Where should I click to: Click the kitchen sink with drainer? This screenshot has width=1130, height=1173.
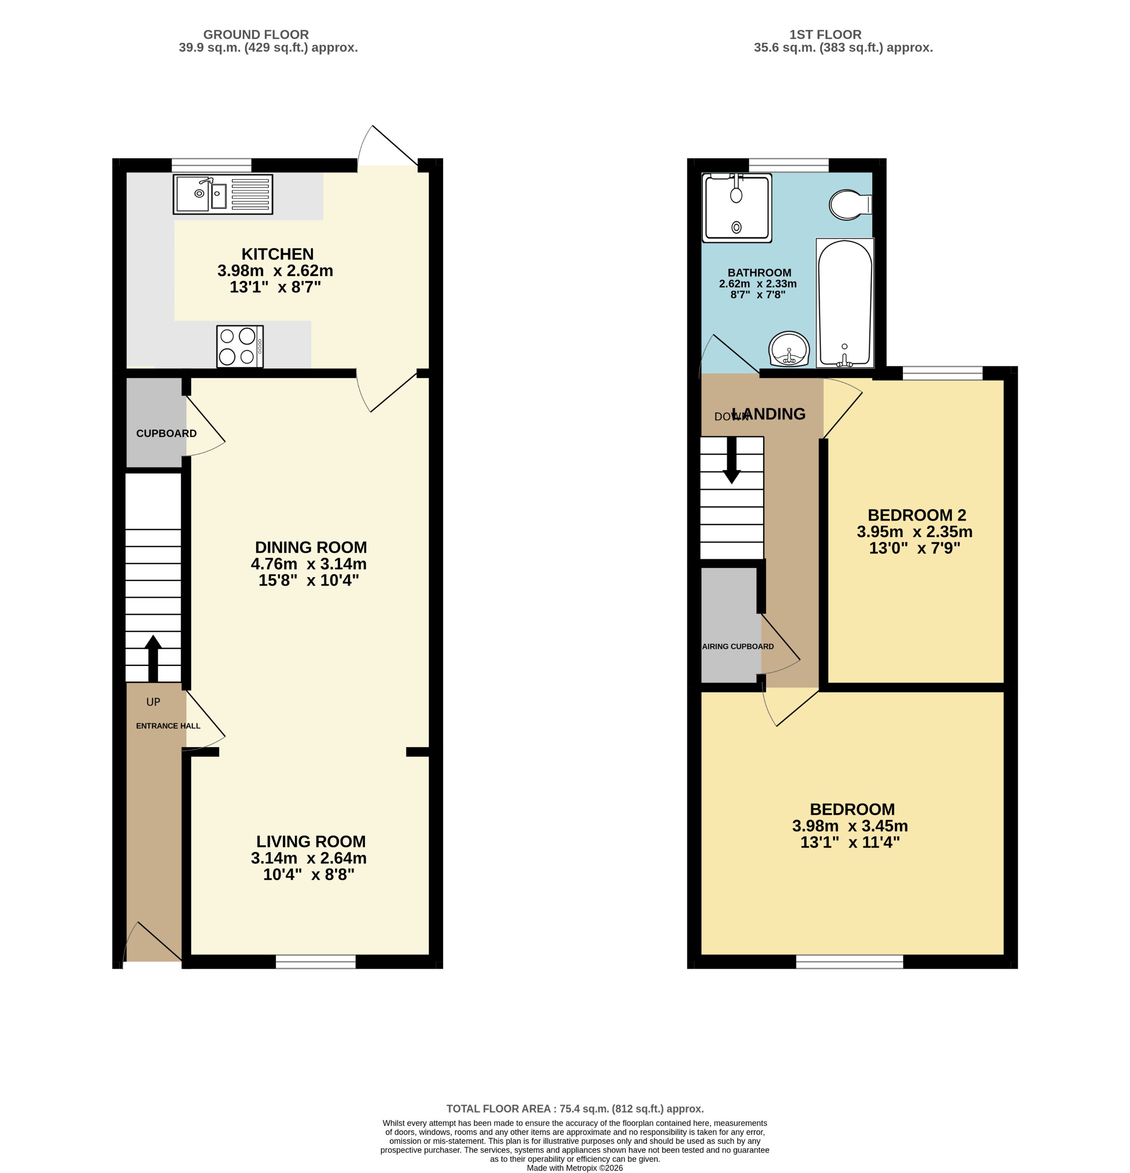(222, 194)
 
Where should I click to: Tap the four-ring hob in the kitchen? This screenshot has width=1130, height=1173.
(239, 346)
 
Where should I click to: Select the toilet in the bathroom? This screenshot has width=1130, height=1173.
(849, 205)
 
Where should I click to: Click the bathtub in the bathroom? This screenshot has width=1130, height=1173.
(845, 303)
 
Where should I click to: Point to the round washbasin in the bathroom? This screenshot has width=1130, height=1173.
(789, 349)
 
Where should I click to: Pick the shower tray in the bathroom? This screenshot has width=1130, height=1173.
(737, 207)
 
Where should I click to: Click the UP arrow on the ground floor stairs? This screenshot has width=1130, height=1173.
(153, 658)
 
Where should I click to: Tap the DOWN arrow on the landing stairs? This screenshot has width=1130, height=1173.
(732, 459)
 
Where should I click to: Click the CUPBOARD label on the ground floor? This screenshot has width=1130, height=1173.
(167, 433)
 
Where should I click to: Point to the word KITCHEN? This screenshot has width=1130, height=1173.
(277, 254)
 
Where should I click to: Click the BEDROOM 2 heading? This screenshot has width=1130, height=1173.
(916, 515)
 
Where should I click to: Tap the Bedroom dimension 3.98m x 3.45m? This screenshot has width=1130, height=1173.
(850, 826)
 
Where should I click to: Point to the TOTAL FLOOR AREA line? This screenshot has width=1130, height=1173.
(575, 1109)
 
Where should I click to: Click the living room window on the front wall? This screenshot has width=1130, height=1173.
(316, 962)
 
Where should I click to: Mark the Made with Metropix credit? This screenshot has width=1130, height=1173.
(575, 1167)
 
